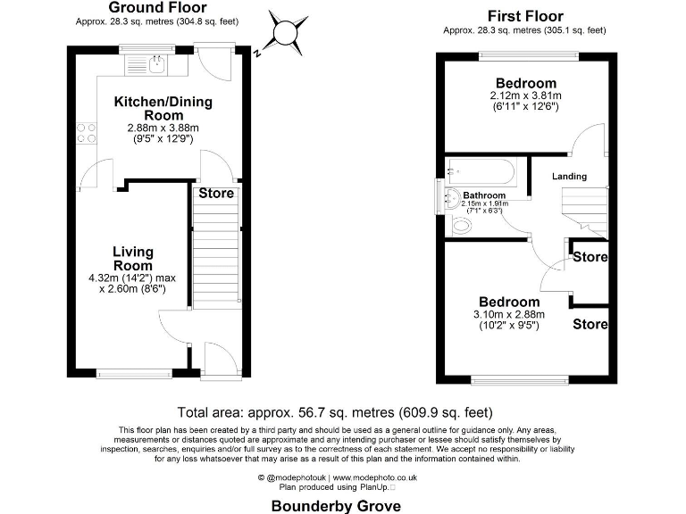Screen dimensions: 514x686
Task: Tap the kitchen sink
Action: pyautogui.click(x=156, y=63)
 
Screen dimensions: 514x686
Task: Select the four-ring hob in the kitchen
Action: pyautogui.click(x=88, y=132)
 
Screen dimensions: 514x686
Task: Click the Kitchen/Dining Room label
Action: pyautogui.click(x=163, y=109)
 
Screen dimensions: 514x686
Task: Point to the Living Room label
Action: pyautogui.click(x=132, y=259)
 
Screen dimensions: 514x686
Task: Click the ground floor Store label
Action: pyautogui.click(x=216, y=193)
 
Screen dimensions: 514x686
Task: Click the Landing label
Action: pyautogui.click(x=569, y=177)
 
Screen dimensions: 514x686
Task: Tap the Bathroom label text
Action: pyautogui.click(x=484, y=195)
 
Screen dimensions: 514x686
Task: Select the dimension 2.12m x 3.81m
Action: pyautogui.click(x=526, y=96)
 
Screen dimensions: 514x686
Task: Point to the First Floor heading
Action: pyautogui.click(x=524, y=16)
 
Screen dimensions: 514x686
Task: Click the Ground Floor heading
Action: pyautogui.click(x=152, y=6)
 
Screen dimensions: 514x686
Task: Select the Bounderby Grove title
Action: pyautogui.click(x=336, y=504)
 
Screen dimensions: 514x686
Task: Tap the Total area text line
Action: pyautogui.click(x=336, y=412)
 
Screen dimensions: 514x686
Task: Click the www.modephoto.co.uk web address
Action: pyautogui.click(x=374, y=479)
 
